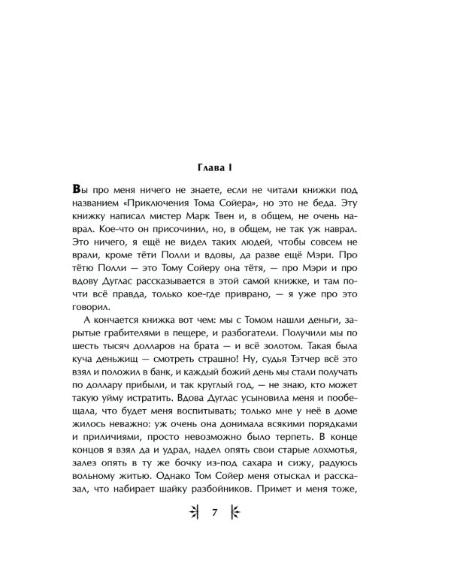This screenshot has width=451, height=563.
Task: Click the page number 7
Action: point(216,513)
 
